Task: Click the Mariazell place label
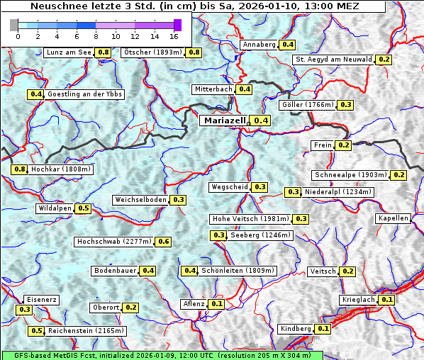tap(223, 120)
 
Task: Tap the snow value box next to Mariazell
tap(262, 120)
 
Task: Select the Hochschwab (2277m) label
tap(114, 242)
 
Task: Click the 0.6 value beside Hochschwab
tap(164, 242)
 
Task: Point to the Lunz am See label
tap(69, 52)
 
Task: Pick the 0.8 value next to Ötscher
tap(194, 52)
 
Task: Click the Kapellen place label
tap(394, 218)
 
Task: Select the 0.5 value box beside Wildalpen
tap(83, 208)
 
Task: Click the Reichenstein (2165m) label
tap(87, 331)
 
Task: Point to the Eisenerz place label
tap(40, 300)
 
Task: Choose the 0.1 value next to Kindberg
tap(323, 329)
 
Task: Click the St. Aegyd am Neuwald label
tap(334, 60)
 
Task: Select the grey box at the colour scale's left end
tap(14, 25)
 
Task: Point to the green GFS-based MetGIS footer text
tap(162, 355)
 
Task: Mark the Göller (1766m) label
tap(307, 105)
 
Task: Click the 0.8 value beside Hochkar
tap(20, 169)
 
